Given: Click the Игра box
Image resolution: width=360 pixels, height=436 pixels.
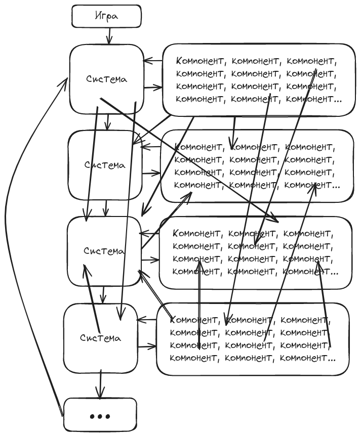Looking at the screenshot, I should (x=105, y=16).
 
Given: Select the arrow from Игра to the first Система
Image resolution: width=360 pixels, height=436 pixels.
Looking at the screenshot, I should (x=109, y=36).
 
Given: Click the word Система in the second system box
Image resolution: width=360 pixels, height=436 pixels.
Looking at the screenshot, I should (x=104, y=165).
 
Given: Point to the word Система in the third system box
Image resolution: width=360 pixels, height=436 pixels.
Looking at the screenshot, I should (x=104, y=251).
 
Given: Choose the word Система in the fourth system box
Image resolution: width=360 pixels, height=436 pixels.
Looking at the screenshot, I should (x=101, y=337).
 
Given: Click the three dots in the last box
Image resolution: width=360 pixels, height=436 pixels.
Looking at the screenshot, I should (x=100, y=416).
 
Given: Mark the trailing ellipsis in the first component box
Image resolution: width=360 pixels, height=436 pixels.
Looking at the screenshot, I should (x=338, y=99).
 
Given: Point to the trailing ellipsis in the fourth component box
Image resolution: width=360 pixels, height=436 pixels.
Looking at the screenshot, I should (x=331, y=359).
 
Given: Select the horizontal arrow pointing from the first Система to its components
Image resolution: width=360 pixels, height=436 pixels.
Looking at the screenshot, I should (x=152, y=88).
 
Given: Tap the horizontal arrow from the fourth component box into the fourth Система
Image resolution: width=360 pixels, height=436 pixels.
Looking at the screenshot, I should (x=147, y=319).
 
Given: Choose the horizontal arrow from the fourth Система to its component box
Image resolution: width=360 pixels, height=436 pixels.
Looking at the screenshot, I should (x=147, y=347).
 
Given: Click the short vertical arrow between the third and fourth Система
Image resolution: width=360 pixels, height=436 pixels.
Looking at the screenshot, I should (x=103, y=293).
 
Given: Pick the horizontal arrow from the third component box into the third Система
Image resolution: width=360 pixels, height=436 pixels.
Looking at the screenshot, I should (x=150, y=233).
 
